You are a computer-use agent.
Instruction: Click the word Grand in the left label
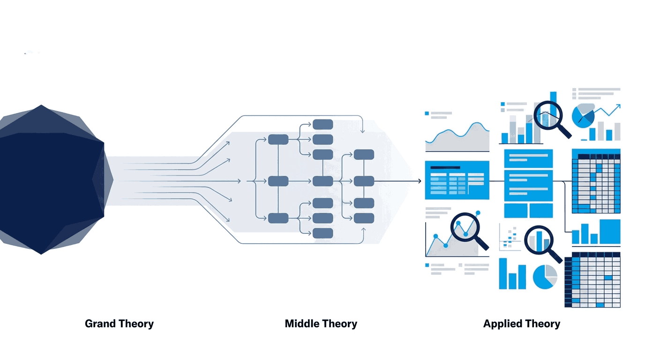(x=100, y=324)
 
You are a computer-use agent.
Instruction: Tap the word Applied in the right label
(x=500, y=324)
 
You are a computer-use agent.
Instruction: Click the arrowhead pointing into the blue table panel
(x=420, y=181)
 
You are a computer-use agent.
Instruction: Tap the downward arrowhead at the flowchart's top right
(x=362, y=131)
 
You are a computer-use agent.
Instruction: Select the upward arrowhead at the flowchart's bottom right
(x=363, y=230)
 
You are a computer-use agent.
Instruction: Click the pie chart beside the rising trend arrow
(x=583, y=116)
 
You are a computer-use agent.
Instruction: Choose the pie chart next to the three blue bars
(x=545, y=277)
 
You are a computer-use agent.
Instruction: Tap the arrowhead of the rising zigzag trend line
(x=618, y=106)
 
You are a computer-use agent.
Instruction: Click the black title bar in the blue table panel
(x=445, y=167)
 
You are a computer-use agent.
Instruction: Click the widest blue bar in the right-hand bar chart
(x=610, y=232)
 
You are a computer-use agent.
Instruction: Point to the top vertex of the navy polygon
(x=41, y=105)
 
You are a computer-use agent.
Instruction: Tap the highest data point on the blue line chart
(x=478, y=213)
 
